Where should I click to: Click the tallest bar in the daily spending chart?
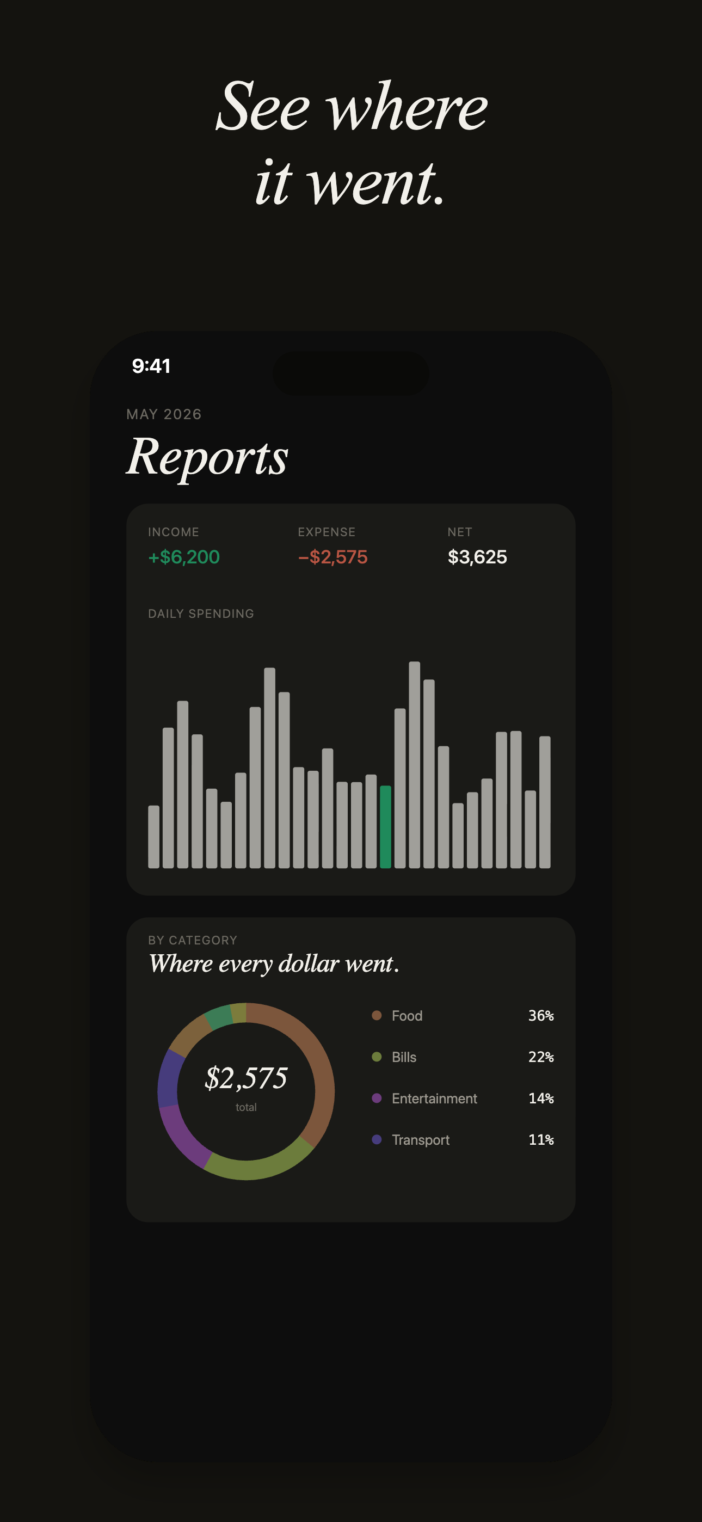pos(414,765)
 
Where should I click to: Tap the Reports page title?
pos(207,457)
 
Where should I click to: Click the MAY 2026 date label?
pos(164,414)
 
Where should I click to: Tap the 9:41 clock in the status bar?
pos(151,366)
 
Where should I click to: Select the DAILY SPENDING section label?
pos(201,613)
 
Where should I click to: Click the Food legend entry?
pos(407,1016)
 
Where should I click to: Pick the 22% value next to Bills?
pos(541,1057)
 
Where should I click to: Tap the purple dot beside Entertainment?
pos(377,1098)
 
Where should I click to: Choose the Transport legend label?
pos(420,1140)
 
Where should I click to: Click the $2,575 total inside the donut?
pos(246,1078)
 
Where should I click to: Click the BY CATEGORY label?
pos(193,940)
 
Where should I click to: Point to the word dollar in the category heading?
pos(309,963)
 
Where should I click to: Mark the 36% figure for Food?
pos(541,1016)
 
